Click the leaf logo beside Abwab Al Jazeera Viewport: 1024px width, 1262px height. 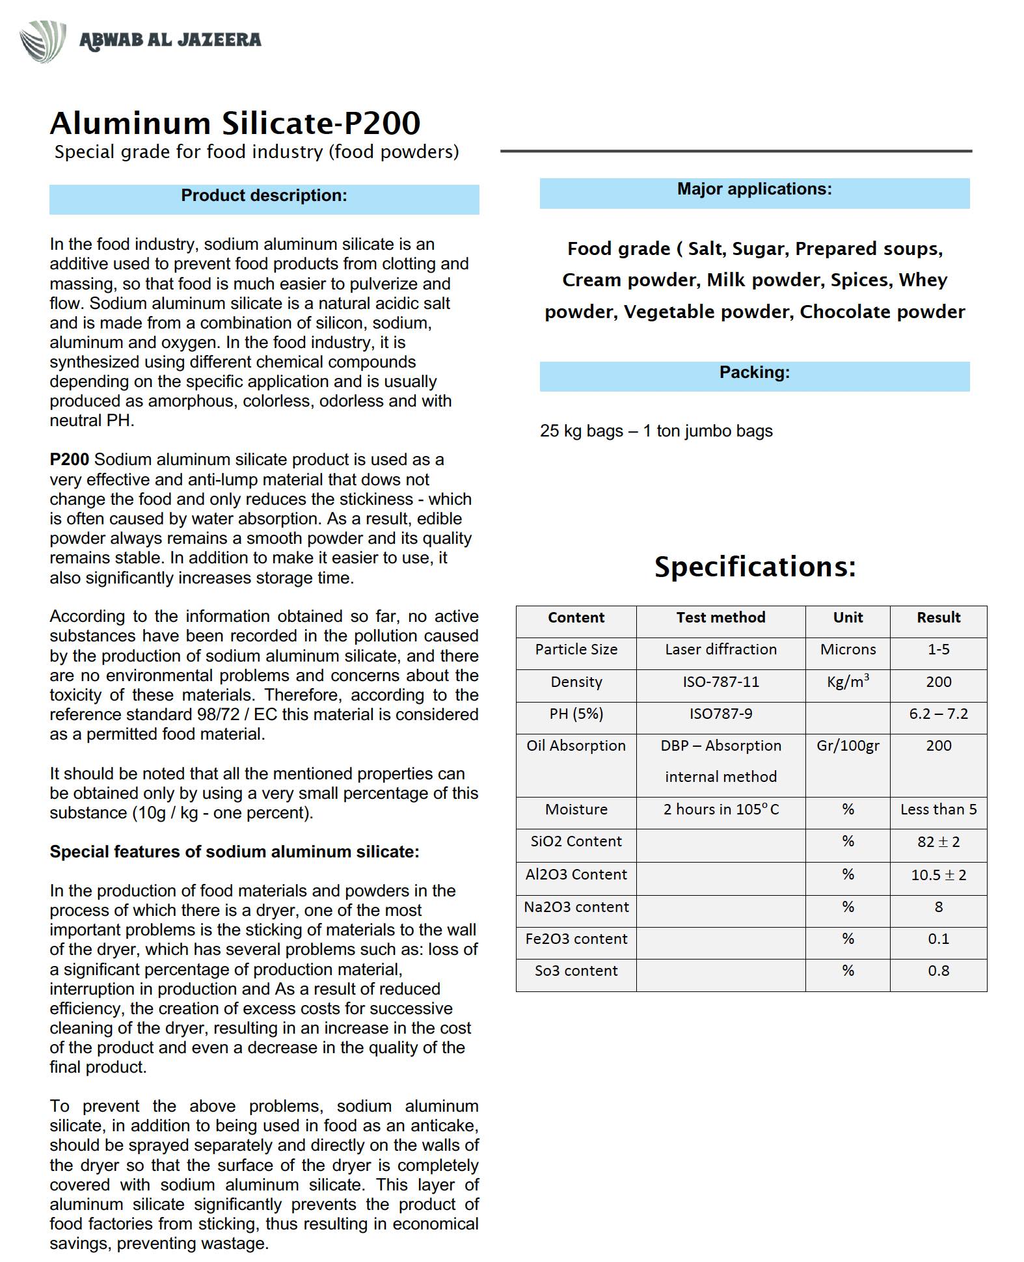coord(42,40)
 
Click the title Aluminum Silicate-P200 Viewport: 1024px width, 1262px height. coord(235,123)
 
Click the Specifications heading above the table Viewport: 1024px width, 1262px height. coord(755,567)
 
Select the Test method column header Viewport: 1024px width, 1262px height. coord(720,618)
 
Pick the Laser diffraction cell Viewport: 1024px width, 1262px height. coord(720,650)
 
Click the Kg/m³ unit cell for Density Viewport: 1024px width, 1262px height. coord(848,682)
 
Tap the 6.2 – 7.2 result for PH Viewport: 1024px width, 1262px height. coord(938,714)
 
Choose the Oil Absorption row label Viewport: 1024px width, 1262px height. coord(576,746)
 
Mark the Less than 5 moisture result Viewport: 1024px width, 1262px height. coord(938,810)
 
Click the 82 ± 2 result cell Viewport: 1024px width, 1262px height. coord(938,842)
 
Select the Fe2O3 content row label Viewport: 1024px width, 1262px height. coord(576,939)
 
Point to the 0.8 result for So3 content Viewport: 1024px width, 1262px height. coord(938,971)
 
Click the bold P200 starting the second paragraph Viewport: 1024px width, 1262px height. coord(69,460)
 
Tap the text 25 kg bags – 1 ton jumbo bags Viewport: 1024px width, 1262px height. coord(656,431)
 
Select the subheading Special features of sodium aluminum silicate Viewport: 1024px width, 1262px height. coord(234,852)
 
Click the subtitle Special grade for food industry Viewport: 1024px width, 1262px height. coord(256,152)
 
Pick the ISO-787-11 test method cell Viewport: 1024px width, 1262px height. coord(720,682)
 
